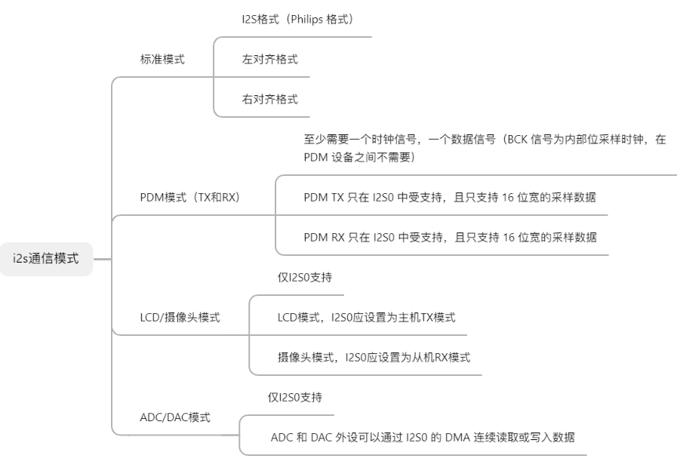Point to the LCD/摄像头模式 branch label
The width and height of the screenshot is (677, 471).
click(180, 318)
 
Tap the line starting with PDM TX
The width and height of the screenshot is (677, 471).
click(449, 198)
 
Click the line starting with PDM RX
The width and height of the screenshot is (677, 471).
click(449, 238)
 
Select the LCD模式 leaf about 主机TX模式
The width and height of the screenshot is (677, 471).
click(366, 318)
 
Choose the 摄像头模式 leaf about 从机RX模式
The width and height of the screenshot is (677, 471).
click(374, 358)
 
